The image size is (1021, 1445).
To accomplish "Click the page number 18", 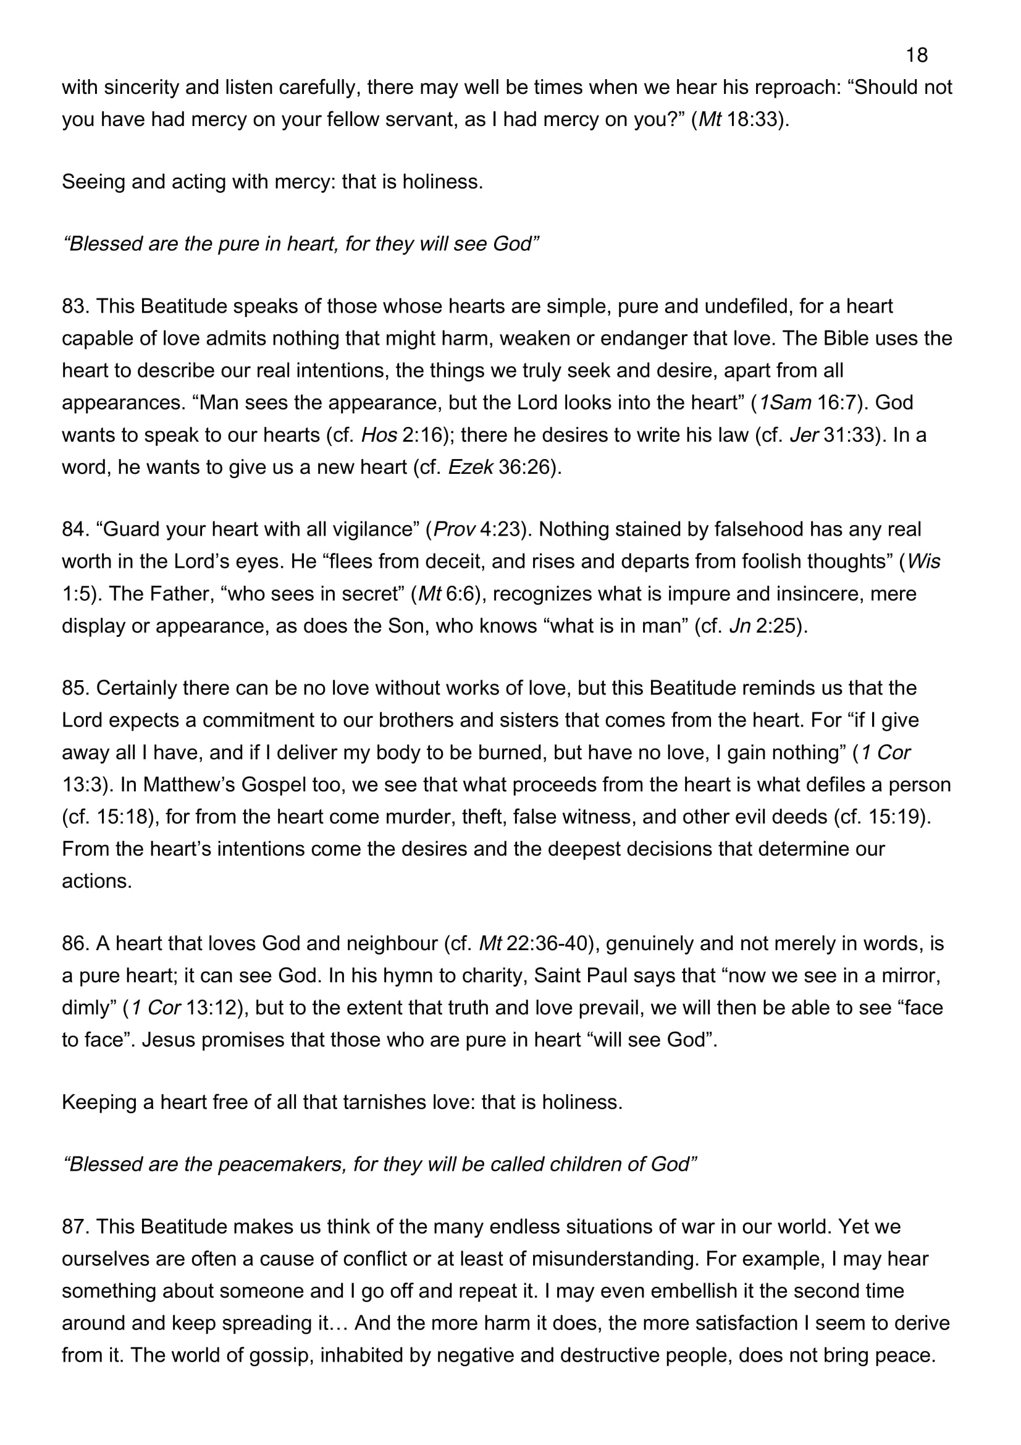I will pyautogui.click(x=916, y=56).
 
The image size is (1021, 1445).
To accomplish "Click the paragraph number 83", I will pyautogui.click(x=75, y=306).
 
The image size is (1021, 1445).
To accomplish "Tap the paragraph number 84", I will pyautogui.click(x=75, y=529).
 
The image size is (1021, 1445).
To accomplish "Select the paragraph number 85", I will pyautogui.click(x=75, y=688).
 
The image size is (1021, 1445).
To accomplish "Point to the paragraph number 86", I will pyautogui.click(x=75, y=943).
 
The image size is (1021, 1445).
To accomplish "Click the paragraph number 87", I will pyautogui.click(x=75, y=1227).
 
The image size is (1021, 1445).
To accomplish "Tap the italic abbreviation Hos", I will pyautogui.click(x=379, y=435).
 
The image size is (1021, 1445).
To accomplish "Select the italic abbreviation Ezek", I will pyautogui.click(x=470, y=467).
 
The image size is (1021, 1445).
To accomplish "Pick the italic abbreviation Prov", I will pyautogui.click(x=453, y=529).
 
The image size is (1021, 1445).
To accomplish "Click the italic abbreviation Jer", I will pyautogui.click(x=804, y=435).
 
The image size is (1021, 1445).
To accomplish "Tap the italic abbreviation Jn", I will pyautogui.click(x=739, y=626).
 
